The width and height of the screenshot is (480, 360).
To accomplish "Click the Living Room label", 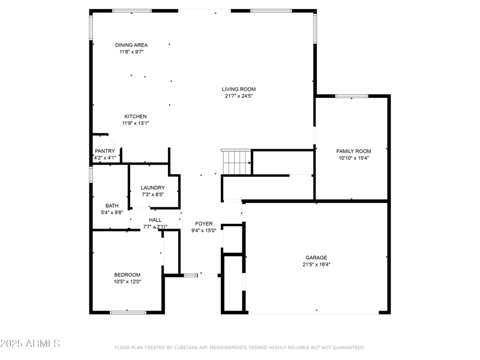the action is click(x=239, y=89).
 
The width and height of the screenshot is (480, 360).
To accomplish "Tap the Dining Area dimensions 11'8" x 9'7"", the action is click(x=131, y=52).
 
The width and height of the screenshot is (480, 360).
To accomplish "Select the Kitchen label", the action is click(x=136, y=116).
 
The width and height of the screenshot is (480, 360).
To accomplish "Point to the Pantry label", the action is click(x=104, y=151).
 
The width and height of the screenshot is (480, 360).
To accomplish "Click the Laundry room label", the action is click(x=153, y=188).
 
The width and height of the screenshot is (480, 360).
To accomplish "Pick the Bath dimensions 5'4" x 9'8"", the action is click(x=112, y=212).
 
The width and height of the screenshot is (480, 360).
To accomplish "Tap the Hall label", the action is click(x=155, y=220).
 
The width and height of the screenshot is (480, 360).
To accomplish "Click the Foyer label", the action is click(x=204, y=224).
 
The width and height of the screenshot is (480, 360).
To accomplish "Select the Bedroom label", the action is click(x=127, y=275).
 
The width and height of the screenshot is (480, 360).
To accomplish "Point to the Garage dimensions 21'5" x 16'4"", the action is click(x=316, y=265).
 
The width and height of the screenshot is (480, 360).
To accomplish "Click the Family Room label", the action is click(x=353, y=151).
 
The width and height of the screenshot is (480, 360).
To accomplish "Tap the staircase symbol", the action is click(x=236, y=162).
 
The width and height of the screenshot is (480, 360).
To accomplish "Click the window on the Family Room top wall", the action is click(x=352, y=96).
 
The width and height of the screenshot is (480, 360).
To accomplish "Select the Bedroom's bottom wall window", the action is click(x=128, y=312).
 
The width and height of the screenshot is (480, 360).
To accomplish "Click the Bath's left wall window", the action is click(x=91, y=175).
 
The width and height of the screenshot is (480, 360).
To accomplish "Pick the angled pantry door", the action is click(x=115, y=141).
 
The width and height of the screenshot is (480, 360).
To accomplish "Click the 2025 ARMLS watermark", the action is click(x=30, y=343).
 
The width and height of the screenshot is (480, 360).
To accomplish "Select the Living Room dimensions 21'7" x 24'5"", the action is click(x=239, y=96).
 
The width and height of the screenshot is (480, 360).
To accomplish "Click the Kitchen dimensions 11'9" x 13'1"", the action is click(x=136, y=124).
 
